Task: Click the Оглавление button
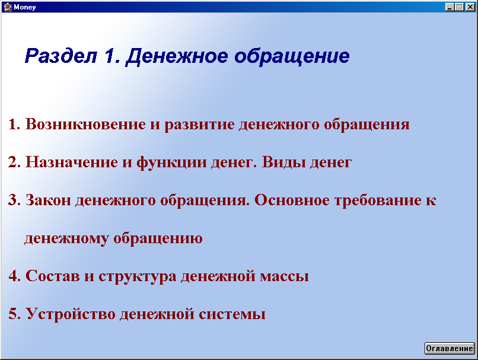pos(450,348)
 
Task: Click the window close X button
pos(470,7)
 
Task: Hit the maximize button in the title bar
pos(460,7)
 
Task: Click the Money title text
pos(25,7)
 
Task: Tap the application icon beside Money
pos(8,7)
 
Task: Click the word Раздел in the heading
pos(61,56)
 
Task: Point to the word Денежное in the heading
pos(177,57)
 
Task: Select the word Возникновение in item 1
pos(85,124)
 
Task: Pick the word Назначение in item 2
pos(72,162)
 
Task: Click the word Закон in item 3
pos(48,200)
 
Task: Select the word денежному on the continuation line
pos(66,238)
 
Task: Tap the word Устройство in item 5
pos(70,314)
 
